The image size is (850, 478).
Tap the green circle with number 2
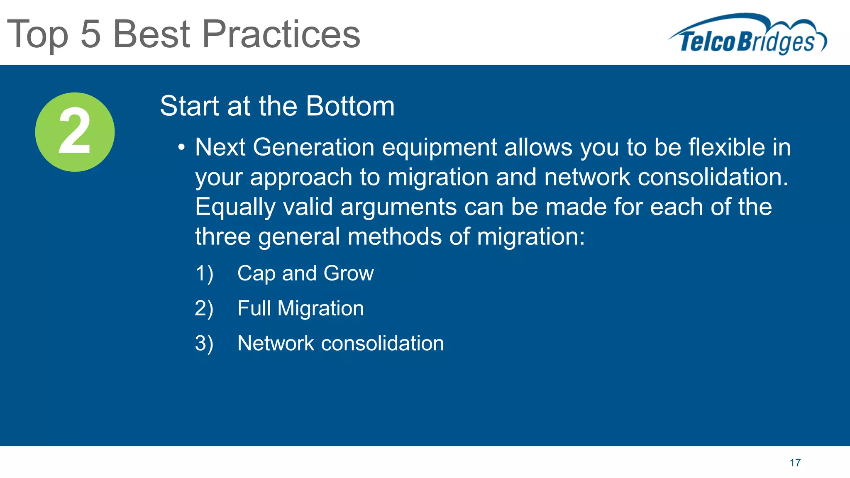point(75,132)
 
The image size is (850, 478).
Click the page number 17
point(795,463)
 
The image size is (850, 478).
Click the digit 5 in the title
point(90,34)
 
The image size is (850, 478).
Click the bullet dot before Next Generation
point(181,148)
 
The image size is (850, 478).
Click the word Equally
point(235,207)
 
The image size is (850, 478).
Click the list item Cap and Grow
point(305,273)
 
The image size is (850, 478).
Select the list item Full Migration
point(300,308)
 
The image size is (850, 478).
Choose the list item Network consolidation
point(340,344)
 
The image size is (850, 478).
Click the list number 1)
point(204,273)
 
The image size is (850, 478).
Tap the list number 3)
point(204,344)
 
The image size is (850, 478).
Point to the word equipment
point(439,148)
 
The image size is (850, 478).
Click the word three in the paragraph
point(222,237)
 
